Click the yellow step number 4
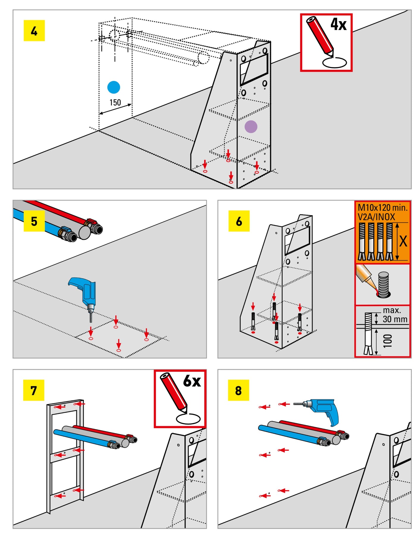click(x=34, y=31)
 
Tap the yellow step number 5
click(x=34, y=221)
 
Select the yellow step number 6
click(x=239, y=221)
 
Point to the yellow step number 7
click(x=34, y=390)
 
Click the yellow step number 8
click(x=238, y=390)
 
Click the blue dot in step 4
click(x=114, y=87)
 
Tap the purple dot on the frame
click(x=251, y=127)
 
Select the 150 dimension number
click(x=115, y=103)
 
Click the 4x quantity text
click(x=339, y=24)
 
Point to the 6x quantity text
click(x=192, y=381)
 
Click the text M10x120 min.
click(x=382, y=208)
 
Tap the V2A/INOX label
click(x=376, y=217)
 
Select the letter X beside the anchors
click(x=403, y=241)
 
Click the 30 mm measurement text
click(x=395, y=319)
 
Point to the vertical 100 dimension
click(x=388, y=341)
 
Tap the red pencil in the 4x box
click(x=320, y=35)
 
